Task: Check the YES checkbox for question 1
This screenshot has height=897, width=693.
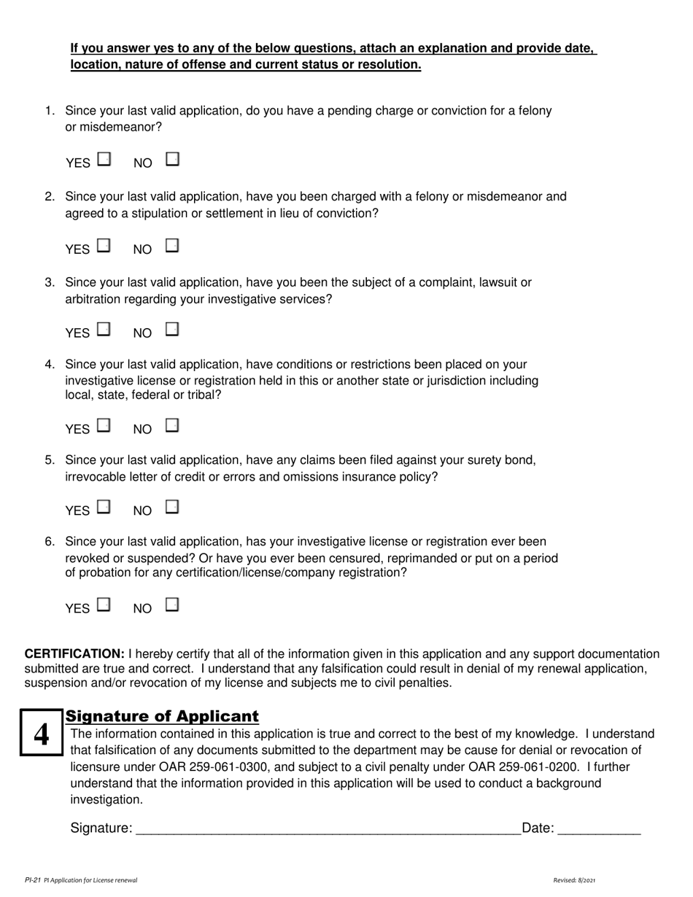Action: (104, 159)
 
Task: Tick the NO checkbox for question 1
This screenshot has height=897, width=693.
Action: (172, 158)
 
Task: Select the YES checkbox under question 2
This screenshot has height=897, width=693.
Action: (104, 246)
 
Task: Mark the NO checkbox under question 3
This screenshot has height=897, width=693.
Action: (172, 330)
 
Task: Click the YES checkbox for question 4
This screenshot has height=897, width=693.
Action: (104, 425)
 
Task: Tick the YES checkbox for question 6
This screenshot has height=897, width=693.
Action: (104, 605)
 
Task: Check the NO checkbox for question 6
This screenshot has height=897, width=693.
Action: (172, 605)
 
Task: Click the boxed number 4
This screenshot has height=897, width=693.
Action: (42, 734)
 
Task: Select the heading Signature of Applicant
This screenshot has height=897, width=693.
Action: (162, 716)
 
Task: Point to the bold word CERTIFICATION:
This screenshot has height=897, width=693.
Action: (75, 654)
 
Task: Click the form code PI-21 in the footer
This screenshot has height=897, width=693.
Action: (32, 880)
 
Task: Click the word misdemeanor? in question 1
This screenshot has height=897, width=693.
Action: (114, 127)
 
